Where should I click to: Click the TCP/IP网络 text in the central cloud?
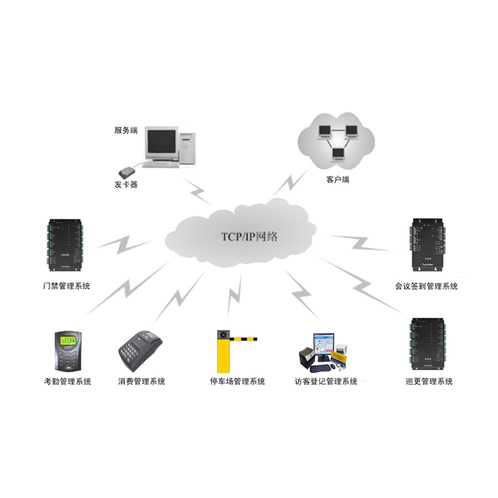249,236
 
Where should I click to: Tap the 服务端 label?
126,130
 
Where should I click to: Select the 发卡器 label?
126,185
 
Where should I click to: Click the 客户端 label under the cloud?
337,180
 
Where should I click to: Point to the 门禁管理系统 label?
67,286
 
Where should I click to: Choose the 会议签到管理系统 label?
426,286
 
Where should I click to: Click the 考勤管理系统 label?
67,381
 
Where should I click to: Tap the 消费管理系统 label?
142,381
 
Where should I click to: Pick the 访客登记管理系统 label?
326,381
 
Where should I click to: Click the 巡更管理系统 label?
429,381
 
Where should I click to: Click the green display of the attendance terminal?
67,341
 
